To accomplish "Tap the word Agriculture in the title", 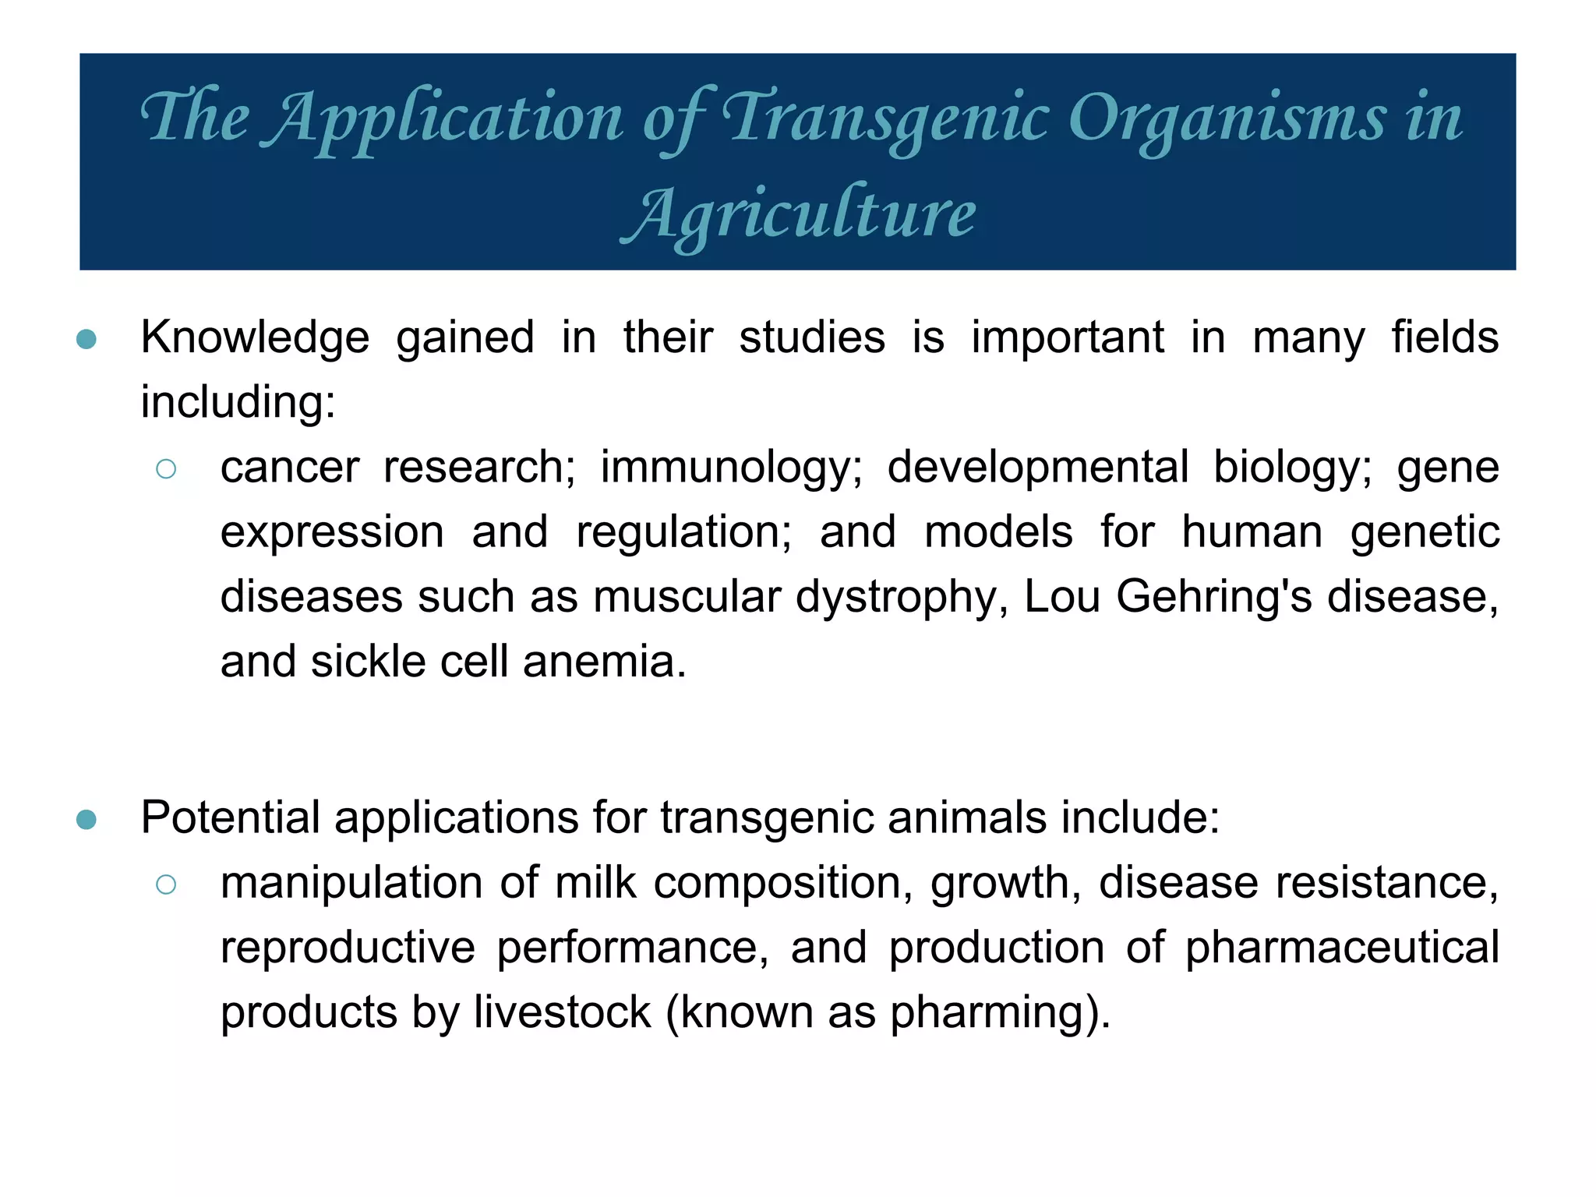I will (x=799, y=215).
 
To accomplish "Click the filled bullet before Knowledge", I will (x=87, y=339).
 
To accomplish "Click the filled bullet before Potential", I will (x=87, y=819).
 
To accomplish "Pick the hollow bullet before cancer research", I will (x=166, y=468).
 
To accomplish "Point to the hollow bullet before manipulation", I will (x=166, y=884).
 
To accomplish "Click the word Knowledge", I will (x=255, y=338).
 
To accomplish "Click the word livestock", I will (x=562, y=1012).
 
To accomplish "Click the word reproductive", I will (x=348, y=948).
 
